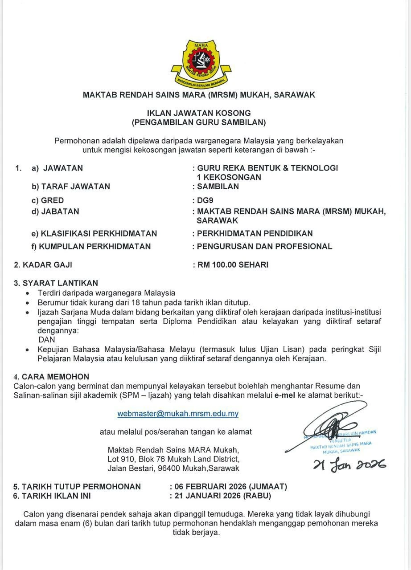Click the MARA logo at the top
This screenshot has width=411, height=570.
click(x=201, y=63)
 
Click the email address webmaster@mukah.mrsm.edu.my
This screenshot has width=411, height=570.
click(x=178, y=414)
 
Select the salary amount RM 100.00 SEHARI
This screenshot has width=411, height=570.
click(x=233, y=265)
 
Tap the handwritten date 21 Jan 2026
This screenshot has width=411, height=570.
click(x=349, y=465)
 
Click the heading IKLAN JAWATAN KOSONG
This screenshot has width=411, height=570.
click(x=199, y=113)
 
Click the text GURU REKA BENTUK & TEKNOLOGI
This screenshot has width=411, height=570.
click(x=267, y=168)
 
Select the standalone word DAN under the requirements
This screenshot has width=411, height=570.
click(x=47, y=339)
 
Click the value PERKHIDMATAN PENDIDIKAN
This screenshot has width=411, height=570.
click(x=255, y=233)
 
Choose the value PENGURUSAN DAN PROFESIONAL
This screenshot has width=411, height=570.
click(x=265, y=246)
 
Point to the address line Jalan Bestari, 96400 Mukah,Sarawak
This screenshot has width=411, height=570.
click(x=173, y=468)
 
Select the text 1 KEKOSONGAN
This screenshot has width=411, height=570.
click(x=229, y=177)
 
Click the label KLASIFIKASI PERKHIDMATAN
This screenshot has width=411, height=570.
click(x=98, y=233)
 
